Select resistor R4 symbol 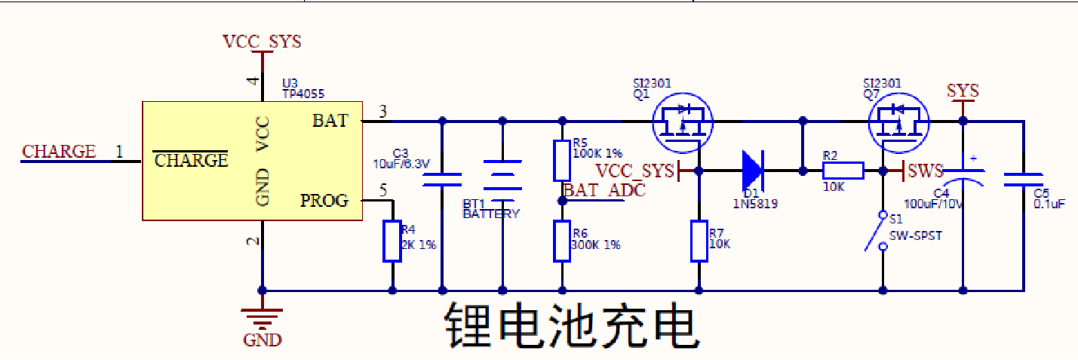click(x=392, y=241)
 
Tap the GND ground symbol click(x=262, y=315)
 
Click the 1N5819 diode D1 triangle click(x=752, y=171)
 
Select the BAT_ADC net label click(x=604, y=190)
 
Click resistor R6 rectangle click(x=562, y=241)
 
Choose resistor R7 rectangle click(x=699, y=241)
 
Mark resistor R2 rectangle click(x=843, y=171)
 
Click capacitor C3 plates click(x=442, y=180)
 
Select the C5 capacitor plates click(x=1023, y=180)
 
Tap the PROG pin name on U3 click(x=324, y=201)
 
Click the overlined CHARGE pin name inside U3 click(x=191, y=160)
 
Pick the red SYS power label click(x=963, y=91)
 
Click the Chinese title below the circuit click(x=569, y=326)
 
